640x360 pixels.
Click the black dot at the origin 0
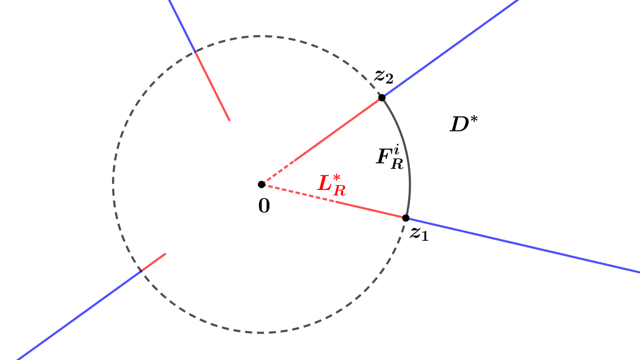point(262,184)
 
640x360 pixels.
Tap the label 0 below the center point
point(264,206)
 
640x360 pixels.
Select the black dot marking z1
point(406,218)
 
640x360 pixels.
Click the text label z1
point(418,234)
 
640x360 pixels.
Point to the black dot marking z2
point(381,97)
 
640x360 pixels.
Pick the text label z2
point(383,76)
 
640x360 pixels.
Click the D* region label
point(463,124)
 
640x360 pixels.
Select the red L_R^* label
point(332,185)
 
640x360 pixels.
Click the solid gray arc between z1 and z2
point(407,157)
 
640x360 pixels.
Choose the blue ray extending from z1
point(521,244)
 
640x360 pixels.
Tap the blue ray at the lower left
point(79,315)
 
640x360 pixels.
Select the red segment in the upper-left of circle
point(212,86)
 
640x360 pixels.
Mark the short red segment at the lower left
point(154,262)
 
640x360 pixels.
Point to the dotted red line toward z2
point(279,172)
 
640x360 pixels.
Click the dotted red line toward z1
point(297,192)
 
